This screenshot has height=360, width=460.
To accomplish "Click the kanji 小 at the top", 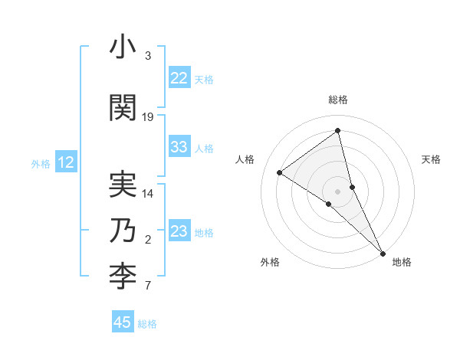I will [x=123, y=48].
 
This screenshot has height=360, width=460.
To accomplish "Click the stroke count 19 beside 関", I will [x=148, y=116].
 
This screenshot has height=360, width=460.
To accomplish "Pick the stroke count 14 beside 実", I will [x=148, y=194].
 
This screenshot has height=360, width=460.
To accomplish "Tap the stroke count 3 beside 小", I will [x=148, y=56].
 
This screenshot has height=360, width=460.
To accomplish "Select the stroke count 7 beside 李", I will [x=148, y=286].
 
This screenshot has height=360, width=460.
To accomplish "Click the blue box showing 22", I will [x=179, y=78].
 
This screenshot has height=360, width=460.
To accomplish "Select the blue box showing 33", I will [x=179, y=147].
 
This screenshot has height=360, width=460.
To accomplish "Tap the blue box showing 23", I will [x=179, y=231].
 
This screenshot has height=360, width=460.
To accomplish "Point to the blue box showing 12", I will [x=65, y=162].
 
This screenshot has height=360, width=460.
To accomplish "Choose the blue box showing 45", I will [x=123, y=322].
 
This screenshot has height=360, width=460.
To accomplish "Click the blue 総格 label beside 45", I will [x=147, y=324].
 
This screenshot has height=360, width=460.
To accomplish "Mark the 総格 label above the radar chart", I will [x=338, y=100].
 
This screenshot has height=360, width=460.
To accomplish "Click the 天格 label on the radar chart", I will [x=431, y=159].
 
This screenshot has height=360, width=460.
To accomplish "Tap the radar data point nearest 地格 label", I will [x=383, y=252].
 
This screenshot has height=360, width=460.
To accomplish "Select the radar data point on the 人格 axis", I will [x=280, y=172].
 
